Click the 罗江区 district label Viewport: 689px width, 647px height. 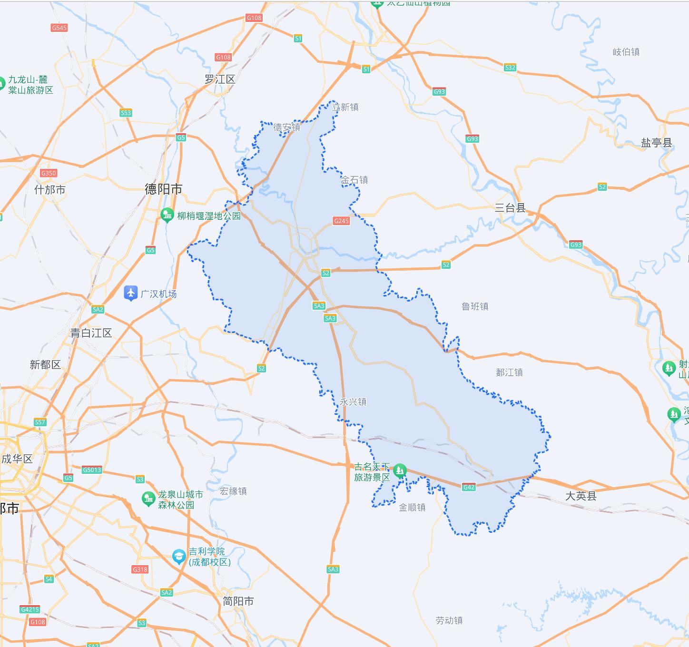[x=220, y=79]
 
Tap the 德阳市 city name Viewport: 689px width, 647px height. [x=163, y=189]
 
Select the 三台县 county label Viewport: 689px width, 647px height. [x=510, y=207]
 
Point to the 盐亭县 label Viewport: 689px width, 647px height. [x=656, y=143]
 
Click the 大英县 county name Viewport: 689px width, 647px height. [x=581, y=496]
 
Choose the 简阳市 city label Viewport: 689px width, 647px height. [x=238, y=601]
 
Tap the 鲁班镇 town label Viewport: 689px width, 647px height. [x=475, y=306]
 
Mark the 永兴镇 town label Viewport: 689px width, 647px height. [x=353, y=402]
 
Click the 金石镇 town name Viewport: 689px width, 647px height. [x=354, y=180]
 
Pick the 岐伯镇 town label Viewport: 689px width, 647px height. [x=626, y=52]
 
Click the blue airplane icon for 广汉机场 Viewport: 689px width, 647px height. [x=130, y=294]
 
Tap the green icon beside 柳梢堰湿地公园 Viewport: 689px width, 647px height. [x=167, y=216]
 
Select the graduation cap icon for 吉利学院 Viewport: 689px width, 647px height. [x=179, y=556]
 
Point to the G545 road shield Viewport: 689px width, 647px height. [x=59, y=28]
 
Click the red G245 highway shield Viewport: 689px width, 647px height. [x=341, y=221]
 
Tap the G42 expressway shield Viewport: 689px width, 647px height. [x=469, y=487]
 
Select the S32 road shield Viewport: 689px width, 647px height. [x=510, y=68]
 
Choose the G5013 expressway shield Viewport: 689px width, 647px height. [x=92, y=470]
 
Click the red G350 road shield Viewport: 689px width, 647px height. [x=49, y=173]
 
